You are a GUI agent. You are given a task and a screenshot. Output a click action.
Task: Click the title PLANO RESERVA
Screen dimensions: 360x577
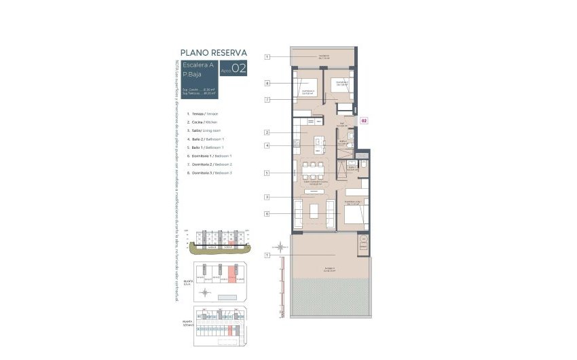coord(213,52)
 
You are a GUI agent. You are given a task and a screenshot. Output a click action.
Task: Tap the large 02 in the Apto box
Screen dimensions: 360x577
coord(238,68)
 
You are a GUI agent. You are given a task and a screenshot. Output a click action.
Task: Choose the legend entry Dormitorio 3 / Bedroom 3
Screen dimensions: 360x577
coord(211,173)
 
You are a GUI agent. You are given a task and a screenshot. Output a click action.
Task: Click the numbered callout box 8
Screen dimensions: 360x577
coord(268,84)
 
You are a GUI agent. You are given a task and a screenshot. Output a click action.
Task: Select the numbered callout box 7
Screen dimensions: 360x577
coord(268,100)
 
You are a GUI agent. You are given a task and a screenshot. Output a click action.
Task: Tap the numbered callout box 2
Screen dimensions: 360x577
coord(268,132)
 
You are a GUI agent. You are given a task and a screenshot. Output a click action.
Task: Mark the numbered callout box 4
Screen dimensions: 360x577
coord(268,145)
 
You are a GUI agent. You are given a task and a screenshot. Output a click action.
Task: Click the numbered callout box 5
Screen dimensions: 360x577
coord(268,173)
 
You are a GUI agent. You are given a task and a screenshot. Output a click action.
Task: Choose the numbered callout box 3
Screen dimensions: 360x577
coord(268,197)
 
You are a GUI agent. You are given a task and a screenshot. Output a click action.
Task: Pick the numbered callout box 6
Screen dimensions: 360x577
coord(268,214)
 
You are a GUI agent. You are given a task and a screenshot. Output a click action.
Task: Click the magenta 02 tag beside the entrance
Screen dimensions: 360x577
coord(364,120)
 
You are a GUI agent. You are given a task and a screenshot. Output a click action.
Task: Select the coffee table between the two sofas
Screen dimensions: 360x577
coord(314,211)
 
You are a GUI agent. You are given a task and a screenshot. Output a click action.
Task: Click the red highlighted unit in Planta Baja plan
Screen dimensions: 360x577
coord(232,275)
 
